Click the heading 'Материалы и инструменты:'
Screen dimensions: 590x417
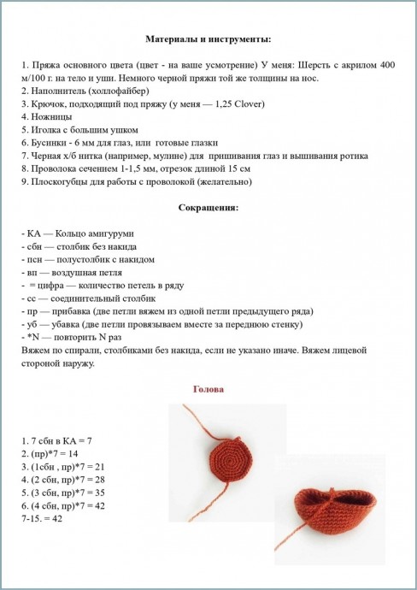(208, 39)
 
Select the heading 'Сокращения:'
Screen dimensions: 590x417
(208, 208)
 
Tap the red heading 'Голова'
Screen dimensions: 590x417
(208, 390)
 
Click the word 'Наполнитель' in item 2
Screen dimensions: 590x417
(58, 91)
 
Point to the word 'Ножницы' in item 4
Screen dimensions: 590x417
(49, 116)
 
